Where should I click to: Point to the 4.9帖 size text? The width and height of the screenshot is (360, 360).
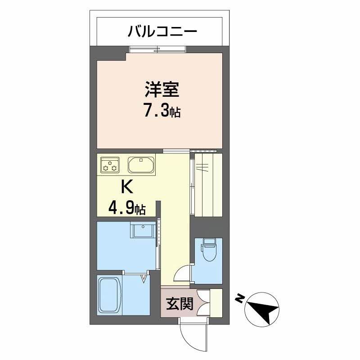pos(126,208)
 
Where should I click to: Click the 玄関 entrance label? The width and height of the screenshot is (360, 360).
pos(180,305)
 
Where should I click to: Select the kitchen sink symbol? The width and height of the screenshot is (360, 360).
pos(141,165)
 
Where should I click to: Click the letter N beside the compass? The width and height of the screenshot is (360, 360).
pos(240,298)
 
